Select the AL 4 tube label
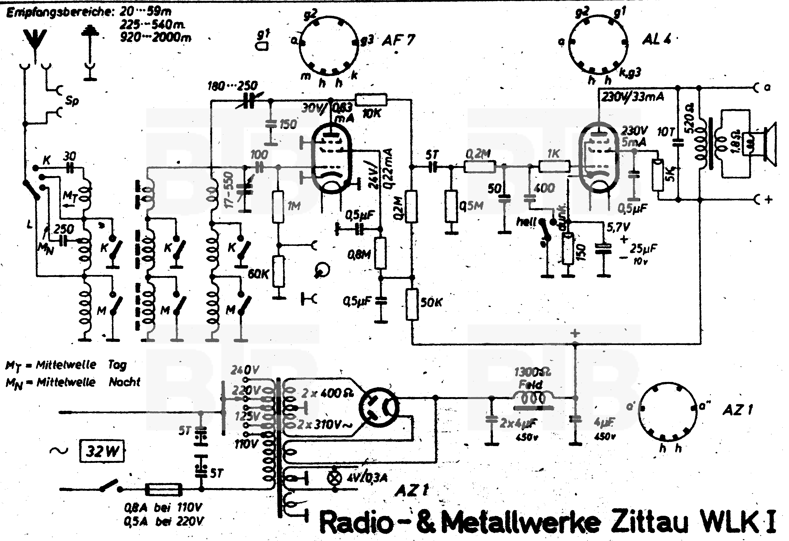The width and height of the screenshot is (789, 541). pos(656,40)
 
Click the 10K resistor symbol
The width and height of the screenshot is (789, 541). pos(371,99)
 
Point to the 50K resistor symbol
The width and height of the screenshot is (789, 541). pos(412,304)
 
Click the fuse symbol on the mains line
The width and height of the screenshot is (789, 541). pos(164,489)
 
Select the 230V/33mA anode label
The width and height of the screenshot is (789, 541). pos(632,97)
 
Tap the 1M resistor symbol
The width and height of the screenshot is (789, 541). pos(279,206)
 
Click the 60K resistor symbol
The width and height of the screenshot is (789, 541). pos(279,272)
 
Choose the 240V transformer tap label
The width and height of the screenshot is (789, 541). pos(244,370)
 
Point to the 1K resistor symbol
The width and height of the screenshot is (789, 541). pos(554,167)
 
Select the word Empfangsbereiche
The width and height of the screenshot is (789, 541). pos(60,13)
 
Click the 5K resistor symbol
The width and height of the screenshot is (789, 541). pos(658,175)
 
